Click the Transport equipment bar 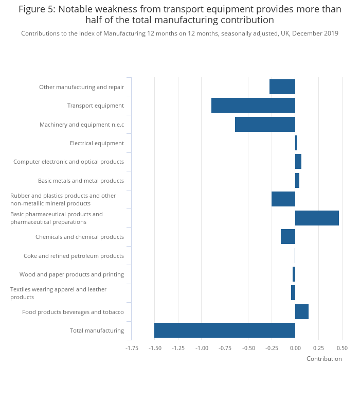click(253, 106)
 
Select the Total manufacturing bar click(225, 331)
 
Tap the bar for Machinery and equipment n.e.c click(265, 125)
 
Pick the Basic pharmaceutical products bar click(317, 218)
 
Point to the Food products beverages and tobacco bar click(302, 312)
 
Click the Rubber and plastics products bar click(283, 199)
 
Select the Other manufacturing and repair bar click(282, 87)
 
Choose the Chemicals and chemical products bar click(288, 237)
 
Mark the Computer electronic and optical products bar click(298, 162)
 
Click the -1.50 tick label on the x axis click(155, 348)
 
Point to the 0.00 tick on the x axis click(295, 348)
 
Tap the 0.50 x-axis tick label click(342, 348)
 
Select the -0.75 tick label click(225, 348)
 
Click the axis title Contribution click(324, 359)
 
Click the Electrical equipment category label click(97, 143)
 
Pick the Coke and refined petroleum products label click(74, 256)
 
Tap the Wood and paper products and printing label click(71, 274)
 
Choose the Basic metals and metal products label click(81, 181)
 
